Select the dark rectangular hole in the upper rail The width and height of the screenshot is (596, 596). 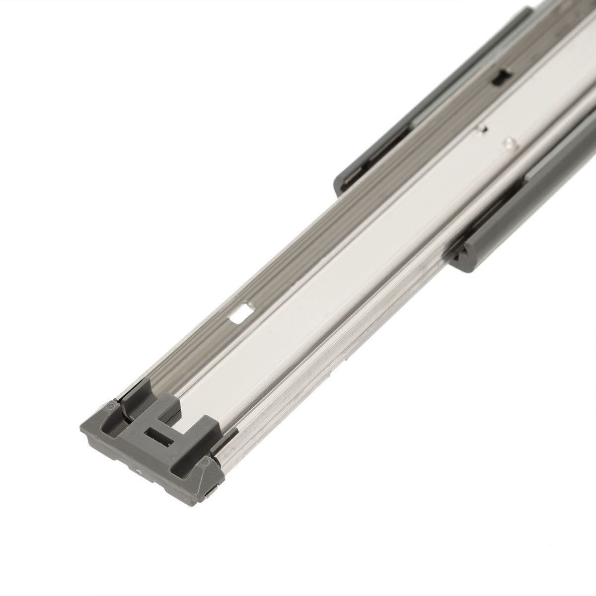502,76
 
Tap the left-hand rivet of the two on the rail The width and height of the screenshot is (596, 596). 479,132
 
